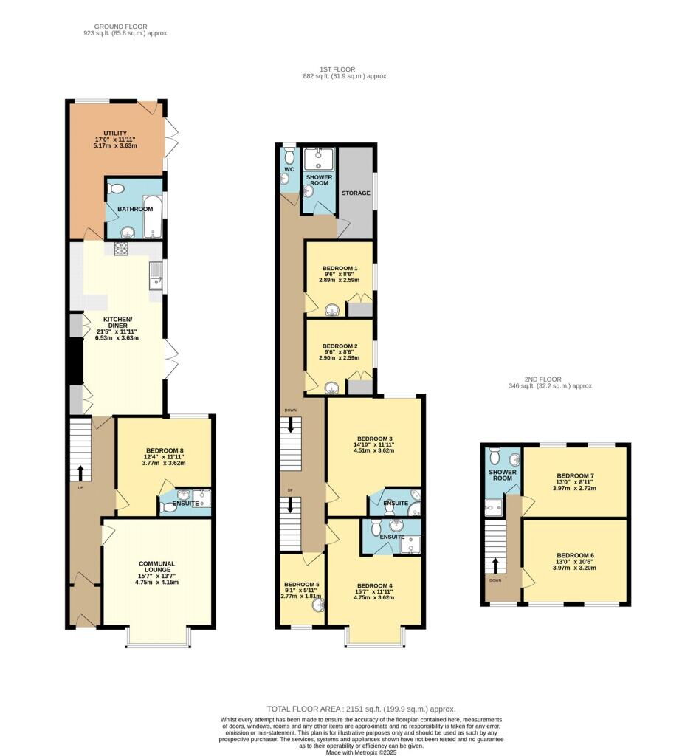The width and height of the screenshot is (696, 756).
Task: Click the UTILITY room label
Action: pos(115,133)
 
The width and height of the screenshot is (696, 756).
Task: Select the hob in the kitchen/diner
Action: pos(121,249)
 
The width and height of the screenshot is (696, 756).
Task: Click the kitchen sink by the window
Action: pos(156,276)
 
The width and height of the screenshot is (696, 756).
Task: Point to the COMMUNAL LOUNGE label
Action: pos(156,566)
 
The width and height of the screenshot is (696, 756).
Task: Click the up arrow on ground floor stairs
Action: pos(80,473)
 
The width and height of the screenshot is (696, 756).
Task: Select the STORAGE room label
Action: pos(356,193)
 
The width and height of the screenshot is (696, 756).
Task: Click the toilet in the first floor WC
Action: pos(289,156)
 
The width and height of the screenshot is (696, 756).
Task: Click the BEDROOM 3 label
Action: pos(373,439)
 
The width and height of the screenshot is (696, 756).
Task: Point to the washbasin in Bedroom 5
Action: pos(319,605)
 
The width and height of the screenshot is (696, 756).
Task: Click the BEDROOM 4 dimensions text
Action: pos(374,594)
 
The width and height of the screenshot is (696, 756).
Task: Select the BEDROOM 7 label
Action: pos(575,475)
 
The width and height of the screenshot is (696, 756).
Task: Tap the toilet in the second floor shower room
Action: pos(495,455)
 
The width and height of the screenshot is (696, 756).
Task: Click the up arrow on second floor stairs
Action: pos(495,566)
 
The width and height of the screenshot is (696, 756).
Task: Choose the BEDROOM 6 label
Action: pos(575,555)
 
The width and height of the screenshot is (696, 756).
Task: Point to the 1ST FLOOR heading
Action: pos(337,69)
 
